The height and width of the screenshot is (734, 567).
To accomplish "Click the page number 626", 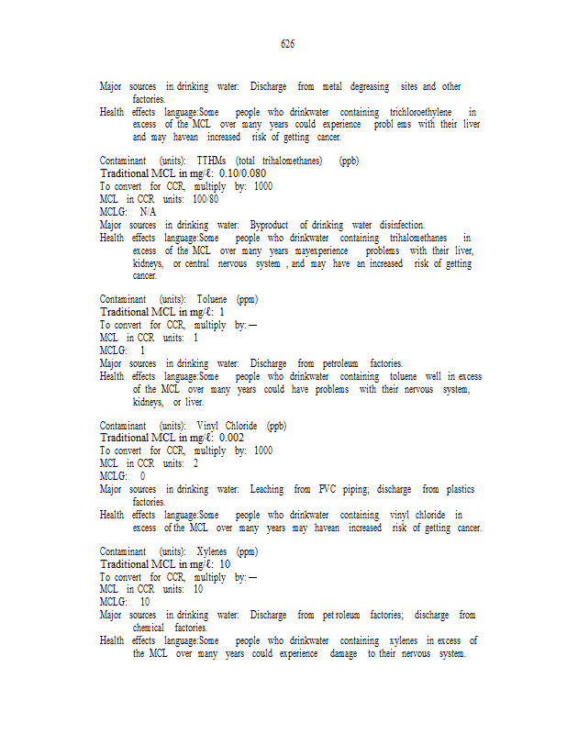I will click(x=287, y=43).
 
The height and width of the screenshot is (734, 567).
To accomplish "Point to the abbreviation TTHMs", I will click(x=212, y=161).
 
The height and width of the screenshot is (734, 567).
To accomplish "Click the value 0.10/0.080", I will click(x=242, y=172).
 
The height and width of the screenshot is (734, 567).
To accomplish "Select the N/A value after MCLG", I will click(x=149, y=211).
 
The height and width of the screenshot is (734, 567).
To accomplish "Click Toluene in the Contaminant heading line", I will click(x=212, y=299).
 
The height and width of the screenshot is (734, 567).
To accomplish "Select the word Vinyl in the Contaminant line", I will click(x=207, y=426).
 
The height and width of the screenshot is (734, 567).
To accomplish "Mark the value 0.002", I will click(x=231, y=438).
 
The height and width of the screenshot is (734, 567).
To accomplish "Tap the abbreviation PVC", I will click(x=328, y=490).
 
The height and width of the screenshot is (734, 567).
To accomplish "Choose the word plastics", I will click(x=457, y=490).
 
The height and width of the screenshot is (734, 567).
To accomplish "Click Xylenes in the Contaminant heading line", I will click(x=212, y=552).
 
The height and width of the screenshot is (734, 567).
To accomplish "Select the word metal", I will click(x=325, y=87).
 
